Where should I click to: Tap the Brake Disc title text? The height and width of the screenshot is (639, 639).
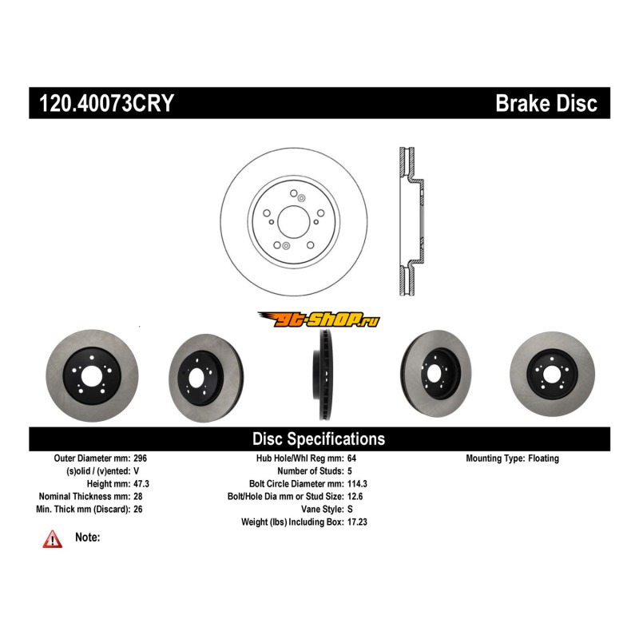pyautogui.click(x=546, y=103)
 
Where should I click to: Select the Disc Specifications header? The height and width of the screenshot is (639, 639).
pyautogui.click(x=319, y=439)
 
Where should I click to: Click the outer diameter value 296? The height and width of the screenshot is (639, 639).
pyautogui.click(x=140, y=458)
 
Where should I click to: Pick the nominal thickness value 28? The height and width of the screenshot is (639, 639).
pyautogui.click(x=137, y=497)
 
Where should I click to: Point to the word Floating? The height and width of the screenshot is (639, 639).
pyautogui.click(x=544, y=458)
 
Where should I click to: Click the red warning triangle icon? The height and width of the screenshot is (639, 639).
pyautogui.click(x=52, y=540)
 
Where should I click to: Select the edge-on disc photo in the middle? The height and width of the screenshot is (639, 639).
pyautogui.click(x=322, y=375)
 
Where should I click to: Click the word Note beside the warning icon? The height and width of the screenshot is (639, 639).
pyautogui.click(x=87, y=538)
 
